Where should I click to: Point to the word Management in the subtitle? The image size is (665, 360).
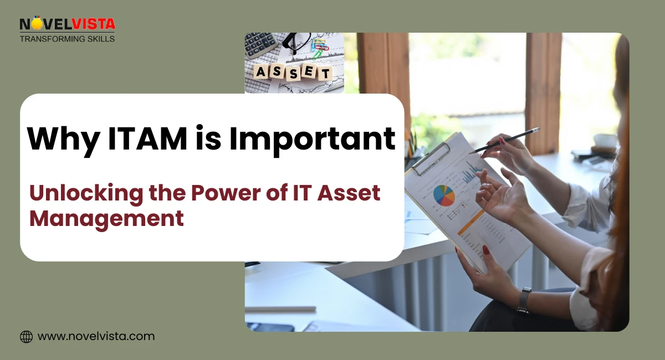tap(106, 218)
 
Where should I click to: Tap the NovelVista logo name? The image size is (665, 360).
tap(67, 24)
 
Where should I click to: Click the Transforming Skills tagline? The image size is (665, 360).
tap(67, 39)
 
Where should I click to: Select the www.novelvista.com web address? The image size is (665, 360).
tap(96, 336)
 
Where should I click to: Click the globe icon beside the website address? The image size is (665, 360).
tap(26, 336)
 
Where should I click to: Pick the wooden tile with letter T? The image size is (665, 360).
tap(324, 73)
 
